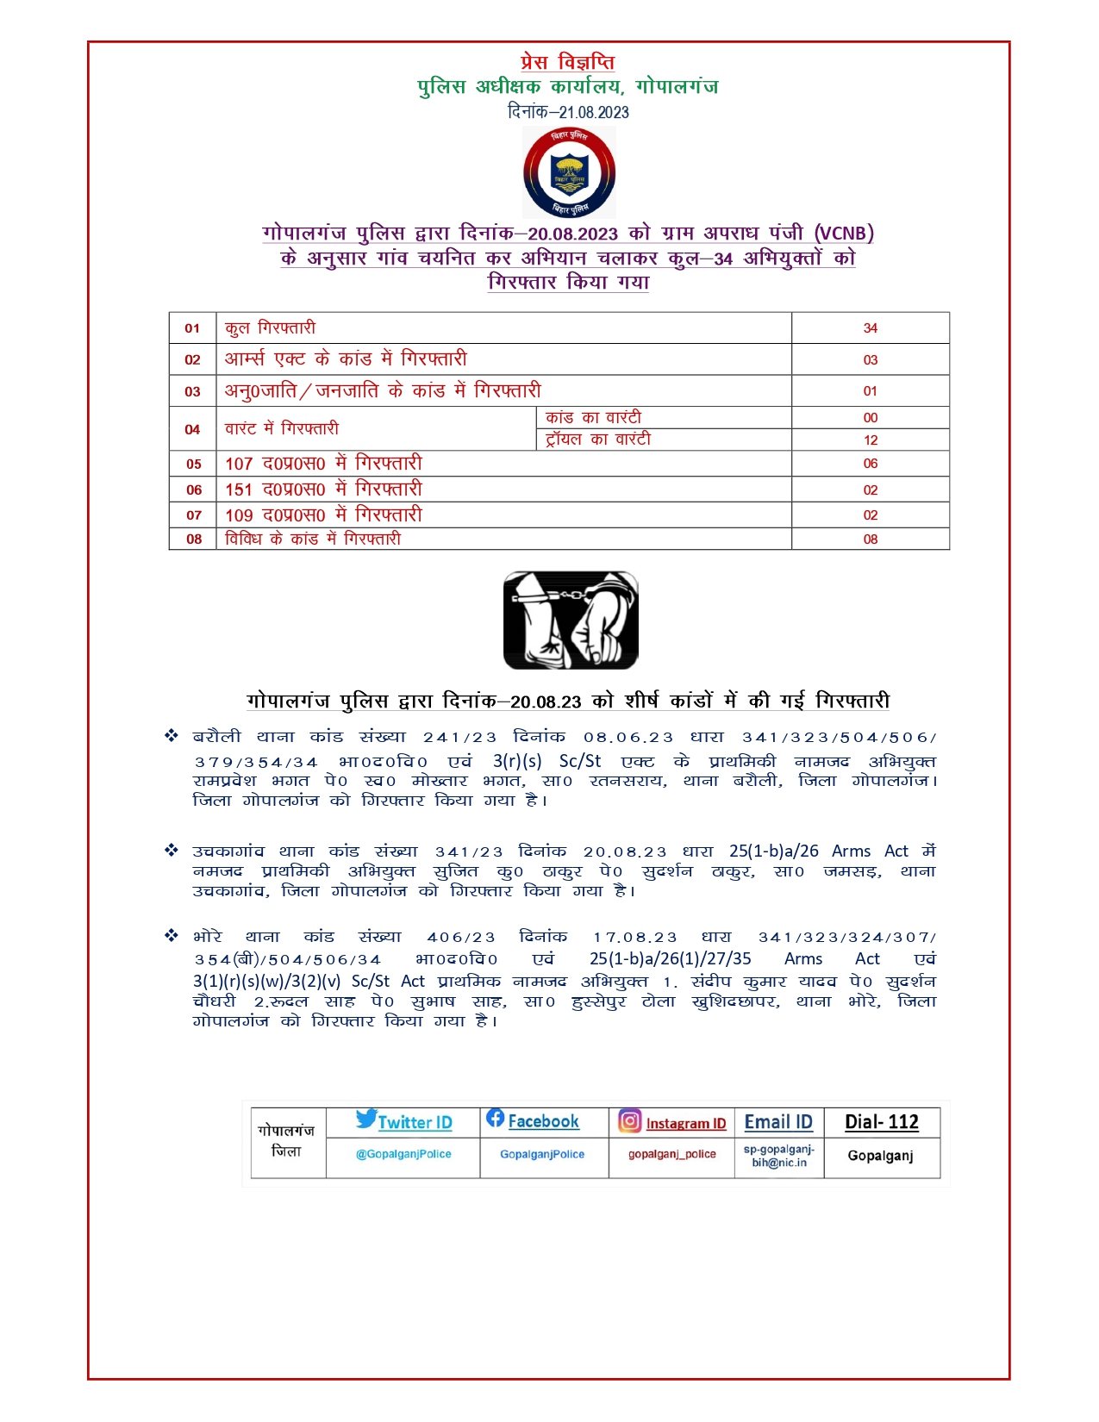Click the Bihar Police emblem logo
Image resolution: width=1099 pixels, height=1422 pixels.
click(569, 172)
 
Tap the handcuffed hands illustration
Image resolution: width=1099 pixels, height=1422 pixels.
click(571, 620)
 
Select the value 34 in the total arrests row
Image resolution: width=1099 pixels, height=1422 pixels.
click(870, 328)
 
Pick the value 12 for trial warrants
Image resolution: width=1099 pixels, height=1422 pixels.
click(871, 440)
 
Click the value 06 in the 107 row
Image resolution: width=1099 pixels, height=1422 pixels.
click(871, 464)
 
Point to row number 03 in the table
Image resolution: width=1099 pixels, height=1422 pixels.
click(192, 391)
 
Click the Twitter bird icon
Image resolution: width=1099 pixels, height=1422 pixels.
click(365, 1120)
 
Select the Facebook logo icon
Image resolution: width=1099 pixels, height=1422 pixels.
click(495, 1118)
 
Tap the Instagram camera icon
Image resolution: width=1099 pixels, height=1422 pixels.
click(630, 1120)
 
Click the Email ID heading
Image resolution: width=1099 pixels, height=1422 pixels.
click(778, 1122)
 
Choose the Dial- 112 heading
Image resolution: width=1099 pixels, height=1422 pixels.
click(881, 1122)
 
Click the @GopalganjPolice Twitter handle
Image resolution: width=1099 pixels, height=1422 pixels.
click(403, 1154)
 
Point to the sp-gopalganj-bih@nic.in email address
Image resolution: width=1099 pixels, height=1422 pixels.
click(779, 1156)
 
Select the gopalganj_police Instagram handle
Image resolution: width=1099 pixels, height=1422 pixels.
click(671, 1154)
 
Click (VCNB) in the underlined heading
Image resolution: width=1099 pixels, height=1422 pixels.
click(844, 234)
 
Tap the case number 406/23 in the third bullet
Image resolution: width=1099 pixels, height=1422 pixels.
click(461, 938)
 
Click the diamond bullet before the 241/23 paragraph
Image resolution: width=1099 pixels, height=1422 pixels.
click(172, 736)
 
